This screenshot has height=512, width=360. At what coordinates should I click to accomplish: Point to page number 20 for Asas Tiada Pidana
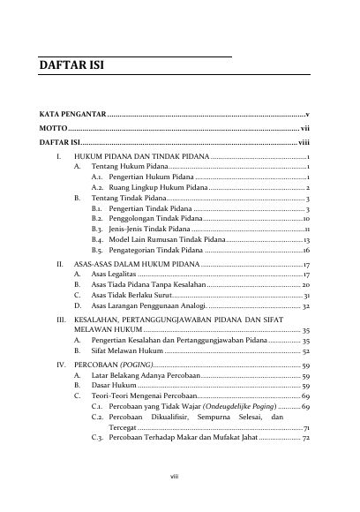coord(304,286)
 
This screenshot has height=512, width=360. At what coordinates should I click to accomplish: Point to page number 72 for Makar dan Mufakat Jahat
coord(304,463)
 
